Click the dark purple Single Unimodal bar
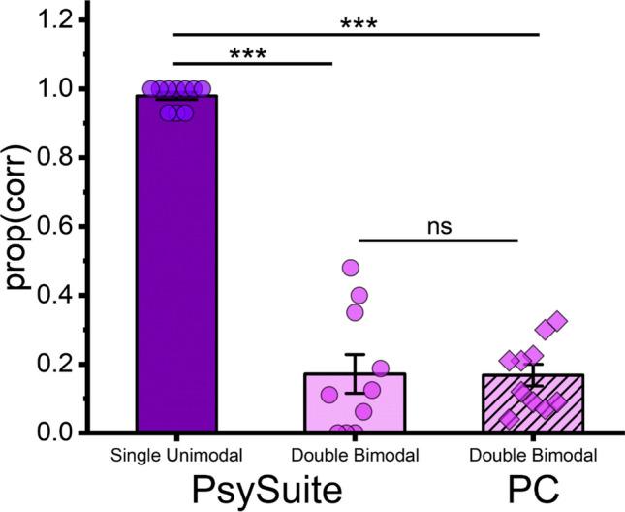click(176, 272)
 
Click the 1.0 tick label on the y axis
click(47, 88)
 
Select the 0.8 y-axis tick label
click(47, 157)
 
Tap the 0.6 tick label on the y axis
click(47, 226)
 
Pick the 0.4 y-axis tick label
click(47, 295)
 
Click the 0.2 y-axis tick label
click(47, 365)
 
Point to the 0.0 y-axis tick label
click(47, 432)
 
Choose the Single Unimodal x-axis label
click(175, 454)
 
